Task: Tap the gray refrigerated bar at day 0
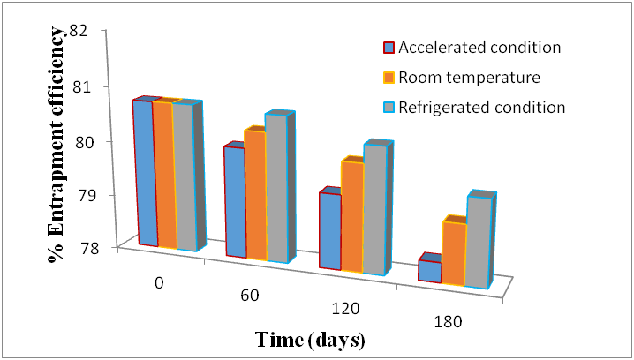(x=184, y=176)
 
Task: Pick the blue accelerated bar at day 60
(x=235, y=202)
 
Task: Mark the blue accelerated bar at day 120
(x=328, y=231)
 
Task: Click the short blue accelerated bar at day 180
(x=429, y=271)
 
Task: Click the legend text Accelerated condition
(x=480, y=47)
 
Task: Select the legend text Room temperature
(x=469, y=78)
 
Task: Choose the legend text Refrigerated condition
(x=481, y=108)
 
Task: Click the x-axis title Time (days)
(x=310, y=340)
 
